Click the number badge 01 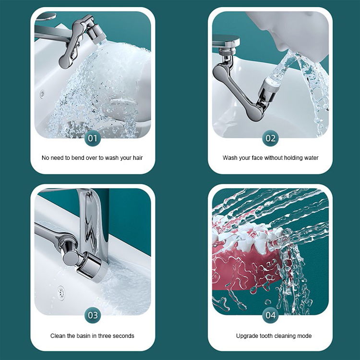coord(93,139)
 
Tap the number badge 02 coord(271,139)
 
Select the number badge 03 coord(93,315)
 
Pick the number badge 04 coord(271,315)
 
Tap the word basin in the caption coord(90,336)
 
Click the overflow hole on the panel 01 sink coord(43,93)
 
